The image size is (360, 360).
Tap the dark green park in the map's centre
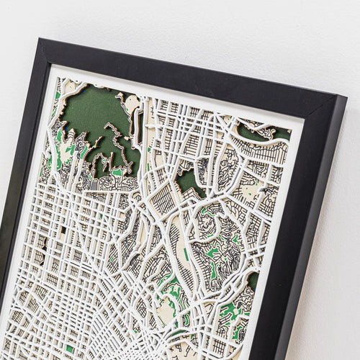(x=189, y=180)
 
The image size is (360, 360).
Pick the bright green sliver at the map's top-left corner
(x=58, y=94)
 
